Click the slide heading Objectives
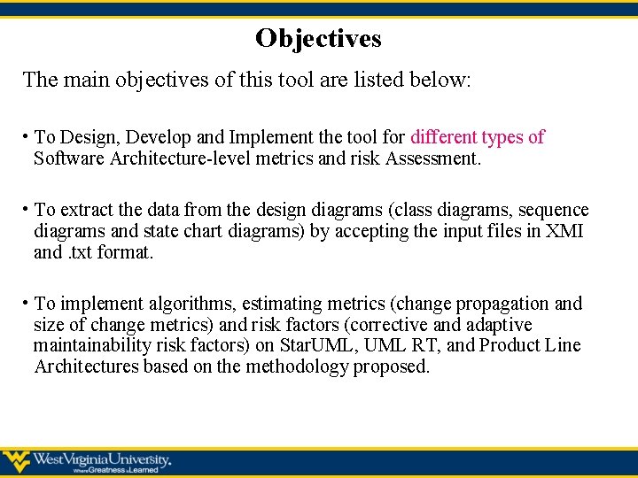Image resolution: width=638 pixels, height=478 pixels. coord(318,38)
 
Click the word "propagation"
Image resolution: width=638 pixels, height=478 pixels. coord(501,304)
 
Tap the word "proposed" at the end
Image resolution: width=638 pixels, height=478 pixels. coord(391,366)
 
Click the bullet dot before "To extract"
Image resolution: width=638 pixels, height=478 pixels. coord(27,209)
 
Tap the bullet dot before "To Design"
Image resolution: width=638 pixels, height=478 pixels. coord(27,136)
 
